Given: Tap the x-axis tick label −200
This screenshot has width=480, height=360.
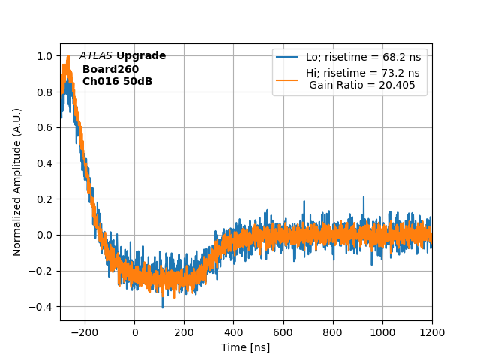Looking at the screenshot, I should pos(85,332).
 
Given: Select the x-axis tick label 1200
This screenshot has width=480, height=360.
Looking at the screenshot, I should pos(432,332).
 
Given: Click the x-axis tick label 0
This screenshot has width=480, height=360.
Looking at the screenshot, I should pos(135,332).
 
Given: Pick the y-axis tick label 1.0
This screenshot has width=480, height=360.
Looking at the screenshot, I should pos(44,56).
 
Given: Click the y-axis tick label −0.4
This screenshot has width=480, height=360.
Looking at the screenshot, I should pos(41,307).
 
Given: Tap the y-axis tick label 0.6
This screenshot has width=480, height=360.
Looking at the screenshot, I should pos(44,127).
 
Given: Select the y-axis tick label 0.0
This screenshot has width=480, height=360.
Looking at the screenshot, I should pos(44,235).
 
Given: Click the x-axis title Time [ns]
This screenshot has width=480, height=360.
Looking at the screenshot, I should pos(245,347).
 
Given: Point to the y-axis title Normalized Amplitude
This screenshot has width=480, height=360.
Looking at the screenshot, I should pos(17,181).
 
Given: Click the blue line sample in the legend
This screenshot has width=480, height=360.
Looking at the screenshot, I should pos(287,57).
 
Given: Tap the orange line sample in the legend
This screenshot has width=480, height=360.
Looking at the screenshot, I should pos(287,73).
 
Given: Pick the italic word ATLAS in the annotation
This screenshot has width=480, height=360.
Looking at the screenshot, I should pos(95,56).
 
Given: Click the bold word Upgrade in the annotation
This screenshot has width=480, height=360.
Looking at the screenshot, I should pos(141,56).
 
